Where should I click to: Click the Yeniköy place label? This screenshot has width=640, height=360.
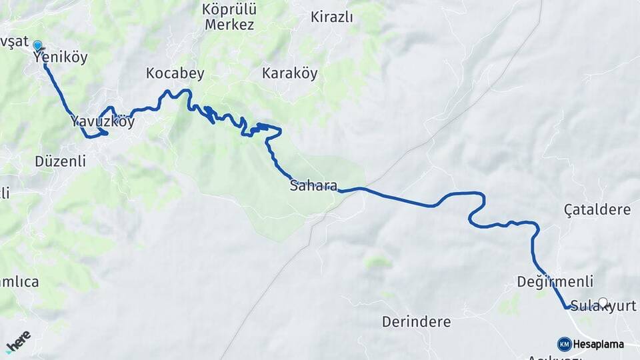tap(60, 58)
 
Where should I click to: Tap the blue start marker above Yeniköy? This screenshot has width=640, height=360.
tap(38, 45)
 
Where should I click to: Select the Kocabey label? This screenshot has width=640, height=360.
tap(175, 74)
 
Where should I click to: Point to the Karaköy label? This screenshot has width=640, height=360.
tap(289, 73)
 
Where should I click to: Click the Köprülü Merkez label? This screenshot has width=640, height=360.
tap(229, 17)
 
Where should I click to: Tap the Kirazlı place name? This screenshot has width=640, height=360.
tap(331, 17)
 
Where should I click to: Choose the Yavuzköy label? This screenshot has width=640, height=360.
tap(103, 123)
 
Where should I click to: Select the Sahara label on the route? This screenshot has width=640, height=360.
tap(313, 186)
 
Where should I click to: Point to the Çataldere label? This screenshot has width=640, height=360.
tap(597, 210)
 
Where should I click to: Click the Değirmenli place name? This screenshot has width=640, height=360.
tap(555, 282)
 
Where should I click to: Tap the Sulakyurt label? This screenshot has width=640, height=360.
tap(603, 307)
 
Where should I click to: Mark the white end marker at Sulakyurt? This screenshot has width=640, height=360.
tap(603, 303)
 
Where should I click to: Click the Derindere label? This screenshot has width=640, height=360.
tap(416, 322)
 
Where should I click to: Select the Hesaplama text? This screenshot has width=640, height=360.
tap(598, 345)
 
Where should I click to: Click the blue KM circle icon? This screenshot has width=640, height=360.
tap(564, 344)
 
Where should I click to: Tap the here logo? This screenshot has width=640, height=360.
tap(18, 341)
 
